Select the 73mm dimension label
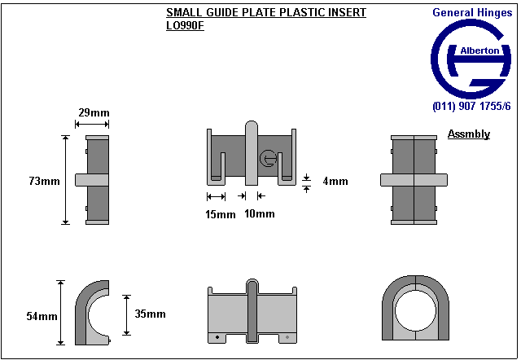point(44,181)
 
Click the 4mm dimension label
point(335,182)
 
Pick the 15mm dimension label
point(220,214)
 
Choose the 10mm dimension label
point(260,214)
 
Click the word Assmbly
point(469,134)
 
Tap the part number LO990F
point(185,25)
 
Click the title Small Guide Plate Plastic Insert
point(265,13)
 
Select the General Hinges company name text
point(471,12)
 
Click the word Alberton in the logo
point(480,50)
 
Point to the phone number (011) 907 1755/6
point(471,107)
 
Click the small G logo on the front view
point(268,159)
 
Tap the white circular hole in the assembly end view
point(416,312)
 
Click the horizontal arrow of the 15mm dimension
point(216,196)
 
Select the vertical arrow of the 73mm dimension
point(66,180)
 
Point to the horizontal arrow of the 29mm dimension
point(91,124)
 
